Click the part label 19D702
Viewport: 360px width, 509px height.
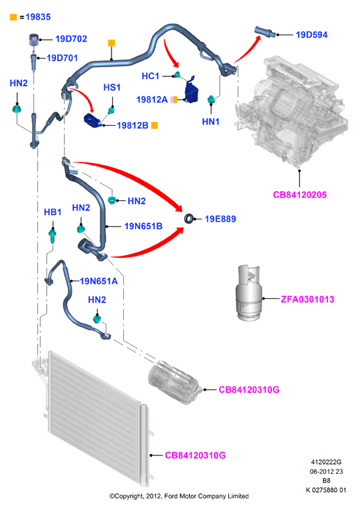(x=71, y=39)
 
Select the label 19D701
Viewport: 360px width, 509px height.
(x=62, y=58)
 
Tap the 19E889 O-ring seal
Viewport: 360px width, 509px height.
(x=188, y=219)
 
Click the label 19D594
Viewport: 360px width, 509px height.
(x=312, y=35)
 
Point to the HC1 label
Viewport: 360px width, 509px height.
(x=151, y=76)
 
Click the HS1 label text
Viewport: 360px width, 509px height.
(x=112, y=87)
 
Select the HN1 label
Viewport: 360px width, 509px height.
(x=211, y=122)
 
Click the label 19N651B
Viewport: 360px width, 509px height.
(x=143, y=226)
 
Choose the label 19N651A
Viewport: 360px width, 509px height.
(x=98, y=281)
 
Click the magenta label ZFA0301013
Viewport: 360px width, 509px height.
(x=307, y=300)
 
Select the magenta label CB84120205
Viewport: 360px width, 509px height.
(x=300, y=194)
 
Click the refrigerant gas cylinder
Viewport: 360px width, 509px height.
(x=248, y=293)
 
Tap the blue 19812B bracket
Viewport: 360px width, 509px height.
(x=93, y=121)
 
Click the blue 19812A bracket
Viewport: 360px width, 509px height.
(x=191, y=90)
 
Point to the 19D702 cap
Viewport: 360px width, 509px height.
(x=34, y=39)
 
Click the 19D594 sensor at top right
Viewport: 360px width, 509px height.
(x=265, y=31)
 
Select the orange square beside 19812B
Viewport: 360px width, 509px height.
(x=155, y=125)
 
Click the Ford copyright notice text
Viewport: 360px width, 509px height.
(x=179, y=496)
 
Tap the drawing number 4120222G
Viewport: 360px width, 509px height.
(x=326, y=462)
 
